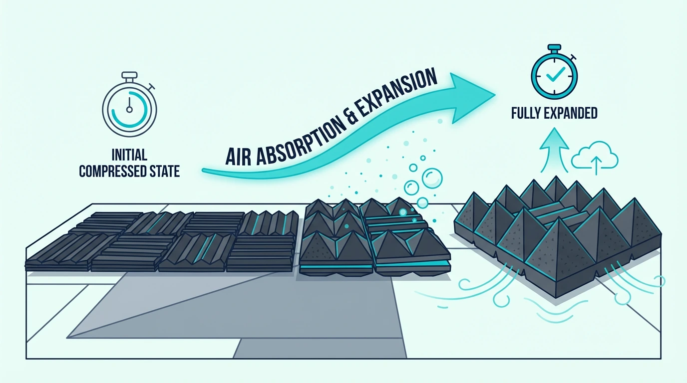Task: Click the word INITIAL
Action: [x=129, y=155]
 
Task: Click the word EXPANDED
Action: [x=571, y=113]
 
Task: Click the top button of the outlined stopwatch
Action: [x=129, y=75]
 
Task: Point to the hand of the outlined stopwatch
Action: [x=129, y=105]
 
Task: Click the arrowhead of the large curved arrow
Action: [x=474, y=97]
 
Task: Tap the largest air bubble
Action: [x=432, y=178]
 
